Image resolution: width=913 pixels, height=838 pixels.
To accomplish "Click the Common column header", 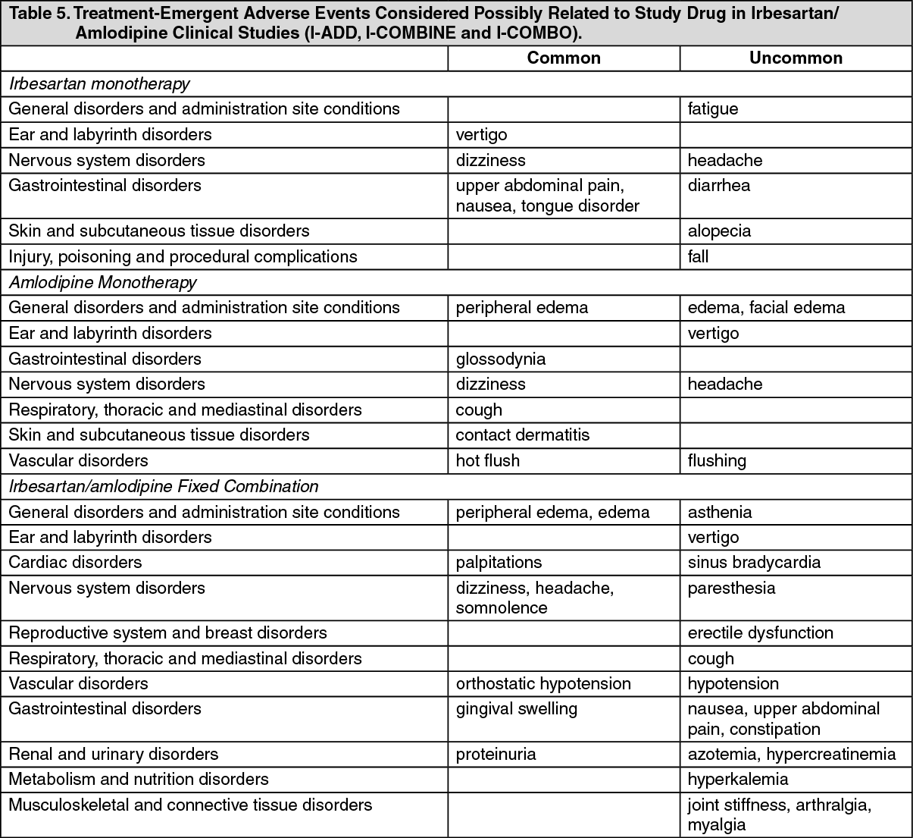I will point(564,58).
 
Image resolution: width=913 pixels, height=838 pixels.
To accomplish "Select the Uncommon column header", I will point(796,58).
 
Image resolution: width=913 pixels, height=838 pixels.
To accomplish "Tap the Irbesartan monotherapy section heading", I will point(99,83).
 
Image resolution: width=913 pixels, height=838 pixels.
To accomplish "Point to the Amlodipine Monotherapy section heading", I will point(102,282).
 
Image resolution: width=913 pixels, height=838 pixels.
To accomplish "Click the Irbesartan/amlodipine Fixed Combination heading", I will point(164,486).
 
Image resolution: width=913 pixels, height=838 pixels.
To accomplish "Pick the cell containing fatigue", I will point(713,109).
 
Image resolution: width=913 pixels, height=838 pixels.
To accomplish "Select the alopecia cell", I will point(719,231).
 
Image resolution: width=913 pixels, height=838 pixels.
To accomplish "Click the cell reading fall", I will point(698,256).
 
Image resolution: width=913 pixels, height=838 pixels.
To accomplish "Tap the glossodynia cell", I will point(500,359).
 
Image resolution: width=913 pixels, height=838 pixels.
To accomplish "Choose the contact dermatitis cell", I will point(522,435).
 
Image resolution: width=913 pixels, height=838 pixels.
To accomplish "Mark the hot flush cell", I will point(487,460).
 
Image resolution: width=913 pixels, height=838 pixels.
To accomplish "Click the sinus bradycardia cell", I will point(754,562).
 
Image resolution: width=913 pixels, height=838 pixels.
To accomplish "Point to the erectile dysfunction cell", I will point(760,632).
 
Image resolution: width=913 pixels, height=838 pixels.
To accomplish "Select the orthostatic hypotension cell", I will point(542,683).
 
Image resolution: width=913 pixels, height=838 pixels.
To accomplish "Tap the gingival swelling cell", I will point(516,709).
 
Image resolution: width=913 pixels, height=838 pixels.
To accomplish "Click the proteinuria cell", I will point(496,754).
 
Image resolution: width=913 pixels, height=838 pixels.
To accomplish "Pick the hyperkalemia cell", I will point(738,779).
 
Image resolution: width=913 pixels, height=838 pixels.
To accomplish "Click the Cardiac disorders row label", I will point(75,562).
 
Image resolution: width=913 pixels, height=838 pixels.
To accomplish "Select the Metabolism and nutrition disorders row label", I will point(139,779).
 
